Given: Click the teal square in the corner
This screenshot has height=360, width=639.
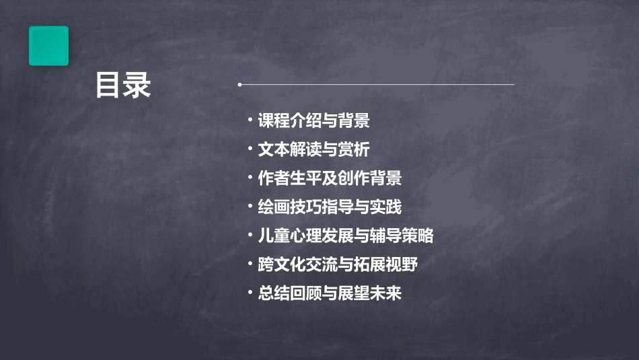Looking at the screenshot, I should point(48,46).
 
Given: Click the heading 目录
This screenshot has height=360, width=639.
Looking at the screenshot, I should point(123,85).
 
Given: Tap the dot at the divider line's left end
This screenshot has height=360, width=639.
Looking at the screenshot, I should point(239,85).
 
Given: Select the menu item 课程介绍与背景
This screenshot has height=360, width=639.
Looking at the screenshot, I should point(313,121).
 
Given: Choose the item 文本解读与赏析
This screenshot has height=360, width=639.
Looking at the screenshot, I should point(313,149).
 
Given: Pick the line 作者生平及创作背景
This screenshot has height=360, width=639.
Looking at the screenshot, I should point(330,178).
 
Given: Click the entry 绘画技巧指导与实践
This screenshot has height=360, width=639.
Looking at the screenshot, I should point(330,207).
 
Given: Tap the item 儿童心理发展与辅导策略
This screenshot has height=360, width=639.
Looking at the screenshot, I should point(346,236).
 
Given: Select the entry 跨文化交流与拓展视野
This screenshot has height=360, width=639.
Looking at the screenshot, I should point(338,264).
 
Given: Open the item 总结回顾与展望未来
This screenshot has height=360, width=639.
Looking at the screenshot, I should point(330,293).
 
